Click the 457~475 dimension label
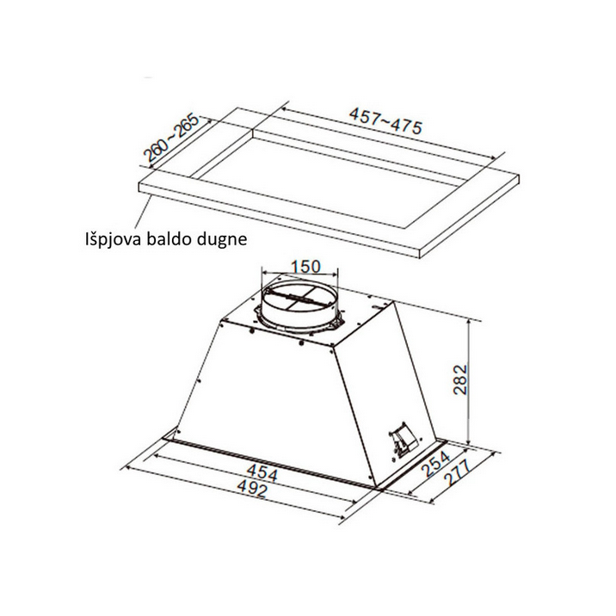point(385,121)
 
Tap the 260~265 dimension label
point(172,138)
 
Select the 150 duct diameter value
point(305,267)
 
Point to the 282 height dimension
point(460,379)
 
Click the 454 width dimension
point(262,472)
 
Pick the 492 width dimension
point(253,490)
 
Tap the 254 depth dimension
point(436,464)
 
